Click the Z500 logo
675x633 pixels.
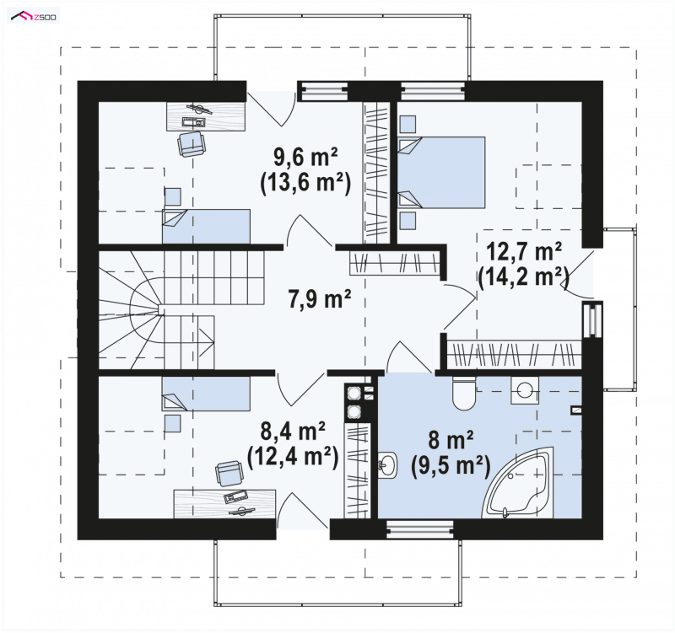click(x=34, y=17)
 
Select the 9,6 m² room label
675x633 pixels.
click(x=305, y=158)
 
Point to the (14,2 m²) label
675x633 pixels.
click(x=523, y=277)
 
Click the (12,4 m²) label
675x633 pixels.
click(x=292, y=457)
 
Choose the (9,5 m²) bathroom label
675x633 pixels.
click(x=451, y=466)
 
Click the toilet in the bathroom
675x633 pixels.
click(x=463, y=393)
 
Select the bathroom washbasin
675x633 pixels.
click(x=388, y=464)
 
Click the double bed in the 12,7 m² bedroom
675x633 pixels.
click(x=441, y=172)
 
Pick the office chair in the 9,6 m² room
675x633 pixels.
click(x=192, y=143)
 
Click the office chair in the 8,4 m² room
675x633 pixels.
click(x=229, y=475)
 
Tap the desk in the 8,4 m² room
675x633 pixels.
click(x=224, y=503)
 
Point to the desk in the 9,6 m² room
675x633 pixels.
click(x=206, y=115)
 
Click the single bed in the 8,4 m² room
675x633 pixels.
click(x=206, y=393)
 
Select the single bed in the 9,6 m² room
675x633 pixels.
click(x=206, y=226)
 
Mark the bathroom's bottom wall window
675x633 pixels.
click(x=419, y=529)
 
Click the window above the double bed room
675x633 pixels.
click(x=433, y=90)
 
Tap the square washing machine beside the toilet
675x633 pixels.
click(x=524, y=390)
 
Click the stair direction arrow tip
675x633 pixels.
click(x=213, y=342)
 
